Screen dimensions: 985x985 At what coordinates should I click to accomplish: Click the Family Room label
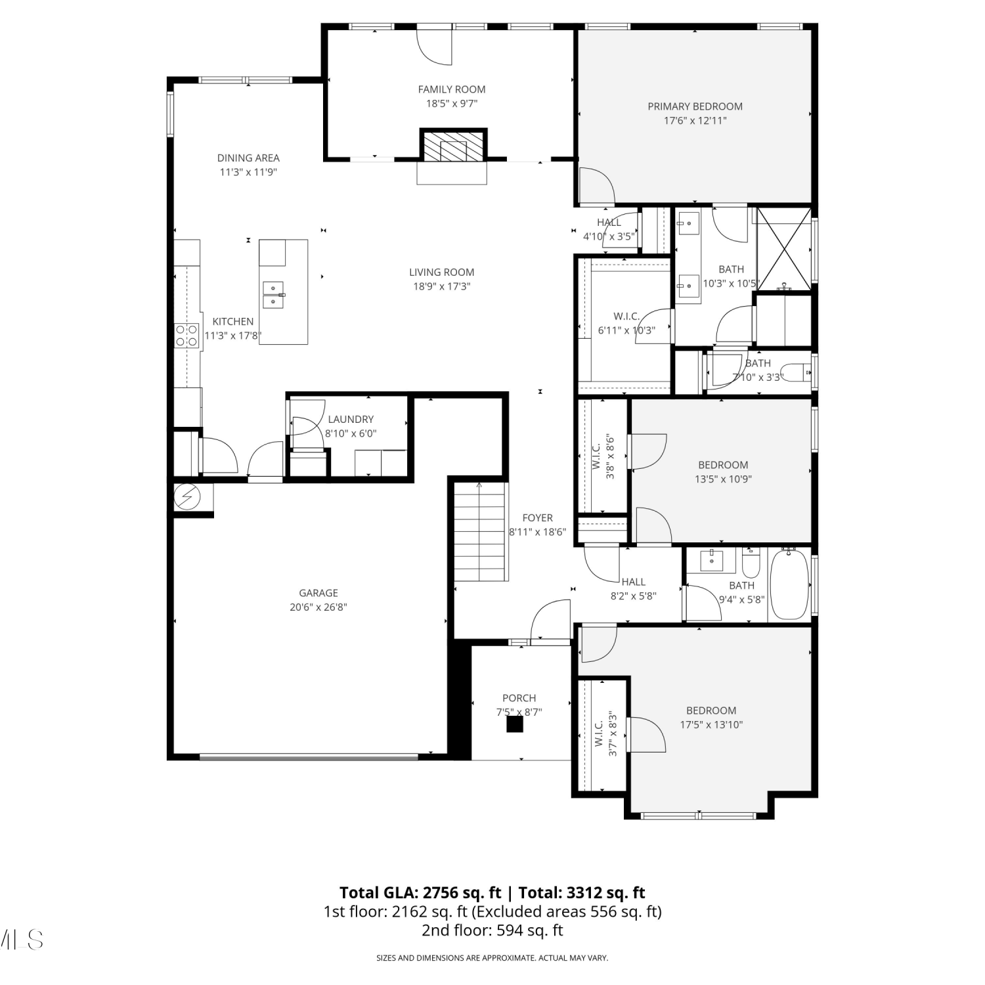[x=452, y=89]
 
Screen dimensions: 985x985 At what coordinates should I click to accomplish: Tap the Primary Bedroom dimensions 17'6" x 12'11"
[x=695, y=121]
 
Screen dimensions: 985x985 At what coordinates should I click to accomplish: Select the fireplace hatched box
[x=454, y=145]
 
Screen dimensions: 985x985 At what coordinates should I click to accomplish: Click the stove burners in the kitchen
[x=186, y=336]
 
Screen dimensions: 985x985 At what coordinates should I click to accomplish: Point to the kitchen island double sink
[x=273, y=295]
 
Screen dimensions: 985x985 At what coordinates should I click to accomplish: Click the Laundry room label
[x=351, y=419]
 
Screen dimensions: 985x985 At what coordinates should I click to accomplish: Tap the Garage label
[x=318, y=593]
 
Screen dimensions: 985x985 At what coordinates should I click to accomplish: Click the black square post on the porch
[x=514, y=724]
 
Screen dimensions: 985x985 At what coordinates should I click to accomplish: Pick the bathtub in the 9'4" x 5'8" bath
[x=789, y=586]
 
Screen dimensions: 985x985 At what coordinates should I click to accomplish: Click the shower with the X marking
[x=784, y=248]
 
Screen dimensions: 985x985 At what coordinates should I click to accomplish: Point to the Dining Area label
[x=248, y=158]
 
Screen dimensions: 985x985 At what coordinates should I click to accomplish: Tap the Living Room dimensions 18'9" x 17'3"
[x=441, y=286]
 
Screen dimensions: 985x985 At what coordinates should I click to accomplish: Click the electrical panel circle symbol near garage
[x=187, y=497]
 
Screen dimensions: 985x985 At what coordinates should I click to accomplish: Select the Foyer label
[x=538, y=518]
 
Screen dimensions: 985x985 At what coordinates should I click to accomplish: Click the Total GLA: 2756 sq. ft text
[x=420, y=893]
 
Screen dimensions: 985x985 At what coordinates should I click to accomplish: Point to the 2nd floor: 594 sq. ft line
[x=492, y=930]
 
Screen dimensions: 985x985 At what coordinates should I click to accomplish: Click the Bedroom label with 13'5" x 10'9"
[x=723, y=465]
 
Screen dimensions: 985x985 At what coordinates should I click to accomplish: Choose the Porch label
[x=519, y=698]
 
